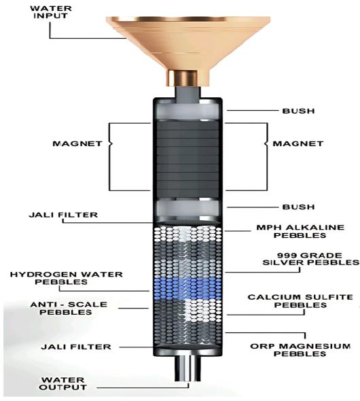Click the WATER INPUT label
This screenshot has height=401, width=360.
51,12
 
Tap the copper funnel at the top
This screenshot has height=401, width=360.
188,48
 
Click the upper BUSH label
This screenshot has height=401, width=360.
298,111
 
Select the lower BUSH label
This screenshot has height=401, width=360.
298,207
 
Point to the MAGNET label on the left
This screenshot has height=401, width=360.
77,143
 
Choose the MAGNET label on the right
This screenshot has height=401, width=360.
298,143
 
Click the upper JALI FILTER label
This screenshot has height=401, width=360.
63,215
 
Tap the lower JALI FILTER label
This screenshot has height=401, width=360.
76,347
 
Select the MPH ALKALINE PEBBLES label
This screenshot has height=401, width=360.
300,231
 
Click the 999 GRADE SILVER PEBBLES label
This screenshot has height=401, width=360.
310,259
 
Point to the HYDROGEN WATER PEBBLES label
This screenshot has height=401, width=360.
66,278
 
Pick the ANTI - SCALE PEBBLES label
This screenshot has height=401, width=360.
69,308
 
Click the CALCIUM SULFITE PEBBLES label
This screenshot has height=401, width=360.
300,301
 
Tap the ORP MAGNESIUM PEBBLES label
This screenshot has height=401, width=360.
300,350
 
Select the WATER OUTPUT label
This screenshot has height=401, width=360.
63,383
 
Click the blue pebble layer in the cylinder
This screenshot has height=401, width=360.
187,288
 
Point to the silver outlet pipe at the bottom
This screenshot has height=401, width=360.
187,368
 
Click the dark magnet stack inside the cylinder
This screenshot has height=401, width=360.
187,158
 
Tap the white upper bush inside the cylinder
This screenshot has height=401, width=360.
187,111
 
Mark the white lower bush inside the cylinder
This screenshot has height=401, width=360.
187,208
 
